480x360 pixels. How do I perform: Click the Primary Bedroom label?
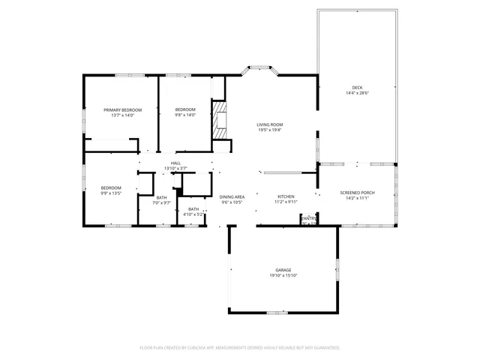121,109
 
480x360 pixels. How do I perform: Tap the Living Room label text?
270,124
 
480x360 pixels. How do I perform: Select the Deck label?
358,88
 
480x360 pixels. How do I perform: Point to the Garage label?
283,270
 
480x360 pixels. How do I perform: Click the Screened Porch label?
357,193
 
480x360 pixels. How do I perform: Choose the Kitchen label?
286,196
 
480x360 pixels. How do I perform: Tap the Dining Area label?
232,196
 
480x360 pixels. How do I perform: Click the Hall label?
175,163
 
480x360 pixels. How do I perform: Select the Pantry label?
308,217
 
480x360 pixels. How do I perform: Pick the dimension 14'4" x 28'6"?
358,93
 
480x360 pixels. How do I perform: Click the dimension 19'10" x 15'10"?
283,275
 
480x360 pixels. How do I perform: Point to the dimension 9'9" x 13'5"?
111,193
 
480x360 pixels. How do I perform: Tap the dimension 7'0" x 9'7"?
162,203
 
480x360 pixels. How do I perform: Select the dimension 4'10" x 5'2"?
193,214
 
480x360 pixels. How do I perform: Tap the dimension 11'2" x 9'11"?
286,201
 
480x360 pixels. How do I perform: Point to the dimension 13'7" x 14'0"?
121,115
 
